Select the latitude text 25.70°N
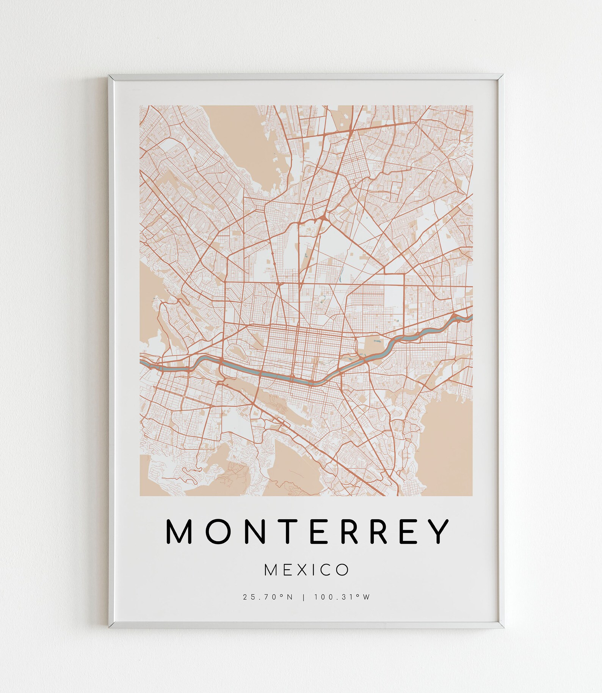268,608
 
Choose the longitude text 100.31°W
342,608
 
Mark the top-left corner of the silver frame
110,76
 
